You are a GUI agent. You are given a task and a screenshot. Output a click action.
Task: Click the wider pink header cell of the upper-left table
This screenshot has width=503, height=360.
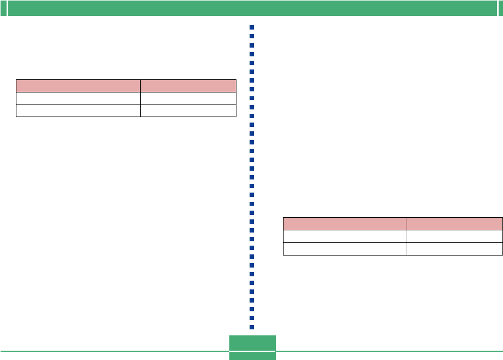click(x=78, y=85)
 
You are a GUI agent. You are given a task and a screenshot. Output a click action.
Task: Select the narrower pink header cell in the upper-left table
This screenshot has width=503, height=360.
click(x=188, y=85)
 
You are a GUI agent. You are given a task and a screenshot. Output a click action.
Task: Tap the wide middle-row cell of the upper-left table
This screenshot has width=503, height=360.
click(x=78, y=98)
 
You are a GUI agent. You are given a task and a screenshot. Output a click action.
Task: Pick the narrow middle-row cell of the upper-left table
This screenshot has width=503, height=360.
click(x=188, y=98)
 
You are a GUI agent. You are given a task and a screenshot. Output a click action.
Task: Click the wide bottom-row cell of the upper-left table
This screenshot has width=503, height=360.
click(x=78, y=111)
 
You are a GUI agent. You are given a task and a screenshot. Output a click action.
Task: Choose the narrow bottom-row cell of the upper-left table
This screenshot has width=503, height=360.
click(x=188, y=111)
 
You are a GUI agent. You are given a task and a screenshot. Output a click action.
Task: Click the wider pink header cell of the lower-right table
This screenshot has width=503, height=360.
click(x=345, y=223)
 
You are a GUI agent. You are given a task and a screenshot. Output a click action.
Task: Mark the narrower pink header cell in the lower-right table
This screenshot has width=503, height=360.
click(x=455, y=223)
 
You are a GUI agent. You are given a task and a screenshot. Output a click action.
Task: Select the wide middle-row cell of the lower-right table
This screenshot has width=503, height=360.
click(x=345, y=236)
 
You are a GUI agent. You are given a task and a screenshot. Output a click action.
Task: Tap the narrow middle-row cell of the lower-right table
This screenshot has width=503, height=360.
click(x=455, y=236)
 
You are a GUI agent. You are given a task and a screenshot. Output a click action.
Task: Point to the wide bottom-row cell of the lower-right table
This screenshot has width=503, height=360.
click(x=345, y=248)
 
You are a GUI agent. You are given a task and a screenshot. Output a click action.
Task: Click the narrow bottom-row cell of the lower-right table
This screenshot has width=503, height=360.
click(x=455, y=248)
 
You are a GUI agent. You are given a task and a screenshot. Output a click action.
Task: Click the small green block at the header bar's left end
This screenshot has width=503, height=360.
click(x=3, y=8)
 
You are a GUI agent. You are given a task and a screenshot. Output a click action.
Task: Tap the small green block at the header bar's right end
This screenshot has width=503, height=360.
click(x=500, y=8)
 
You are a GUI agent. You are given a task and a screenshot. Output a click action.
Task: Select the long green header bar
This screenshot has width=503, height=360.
click(x=251, y=8)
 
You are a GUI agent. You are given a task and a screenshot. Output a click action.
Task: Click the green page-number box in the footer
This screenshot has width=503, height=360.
click(x=252, y=347)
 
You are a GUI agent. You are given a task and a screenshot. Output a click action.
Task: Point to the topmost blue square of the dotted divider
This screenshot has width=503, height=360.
click(x=252, y=28)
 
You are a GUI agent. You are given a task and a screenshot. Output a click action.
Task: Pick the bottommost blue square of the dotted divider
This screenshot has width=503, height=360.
click(x=252, y=327)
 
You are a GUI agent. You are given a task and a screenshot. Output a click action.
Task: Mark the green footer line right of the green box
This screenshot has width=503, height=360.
click(x=389, y=351)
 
